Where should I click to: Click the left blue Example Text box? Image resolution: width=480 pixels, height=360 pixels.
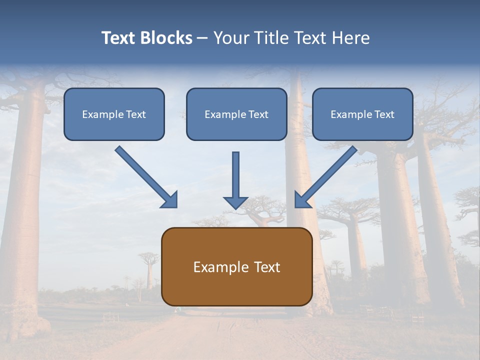114,114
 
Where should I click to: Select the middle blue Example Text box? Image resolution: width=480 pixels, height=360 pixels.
236,114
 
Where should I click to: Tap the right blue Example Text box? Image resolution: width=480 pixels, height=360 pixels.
362,114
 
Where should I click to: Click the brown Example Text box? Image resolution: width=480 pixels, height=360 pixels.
236,266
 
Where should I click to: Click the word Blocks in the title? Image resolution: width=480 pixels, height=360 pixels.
166,38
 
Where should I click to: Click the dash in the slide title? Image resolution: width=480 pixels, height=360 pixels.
202,38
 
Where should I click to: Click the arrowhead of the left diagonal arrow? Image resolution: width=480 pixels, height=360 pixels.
170,201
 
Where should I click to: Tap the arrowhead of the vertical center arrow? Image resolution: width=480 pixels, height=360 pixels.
235,202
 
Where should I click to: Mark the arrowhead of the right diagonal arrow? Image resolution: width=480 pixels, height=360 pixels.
301,201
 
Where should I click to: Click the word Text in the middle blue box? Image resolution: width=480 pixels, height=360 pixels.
258,114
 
